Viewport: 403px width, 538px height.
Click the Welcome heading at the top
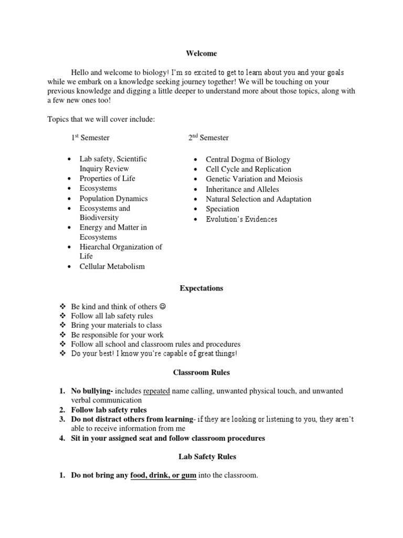tap(201, 54)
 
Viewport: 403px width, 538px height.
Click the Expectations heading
tap(201, 288)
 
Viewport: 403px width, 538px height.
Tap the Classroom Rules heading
tap(201, 373)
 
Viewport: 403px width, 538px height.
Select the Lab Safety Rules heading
tap(201, 457)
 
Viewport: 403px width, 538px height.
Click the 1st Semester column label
tap(90, 138)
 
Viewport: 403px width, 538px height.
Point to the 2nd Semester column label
tap(209, 138)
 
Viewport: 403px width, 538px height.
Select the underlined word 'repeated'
tap(156, 391)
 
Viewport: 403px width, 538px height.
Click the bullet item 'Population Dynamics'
tap(113, 199)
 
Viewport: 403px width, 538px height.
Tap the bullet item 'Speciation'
tap(222, 209)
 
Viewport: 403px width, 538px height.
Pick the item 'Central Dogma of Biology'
tap(248, 159)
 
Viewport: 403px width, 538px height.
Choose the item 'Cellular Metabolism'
tap(112, 266)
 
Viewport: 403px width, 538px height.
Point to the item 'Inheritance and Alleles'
tap(242, 189)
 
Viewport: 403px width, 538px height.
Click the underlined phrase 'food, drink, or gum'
tap(163, 475)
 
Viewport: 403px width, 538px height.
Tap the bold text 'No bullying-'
tap(92, 391)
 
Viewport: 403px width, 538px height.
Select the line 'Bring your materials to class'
tap(116, 325)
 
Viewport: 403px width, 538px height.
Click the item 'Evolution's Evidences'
tap(241, 219)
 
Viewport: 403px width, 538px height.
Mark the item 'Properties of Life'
tap(107, 179)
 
